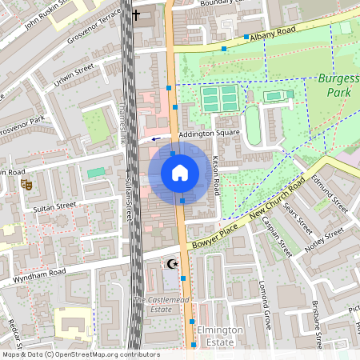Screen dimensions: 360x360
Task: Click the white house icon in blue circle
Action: click(x=180, y=172)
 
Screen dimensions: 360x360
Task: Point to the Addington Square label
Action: click(x=210, y=133)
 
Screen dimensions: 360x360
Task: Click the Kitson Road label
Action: click(x=216, y=175)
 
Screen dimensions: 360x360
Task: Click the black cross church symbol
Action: click(x=136, y=14)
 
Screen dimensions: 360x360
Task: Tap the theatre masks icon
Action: click(x=26, y=184)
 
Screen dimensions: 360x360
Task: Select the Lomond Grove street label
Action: click(x=266, y=301)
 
